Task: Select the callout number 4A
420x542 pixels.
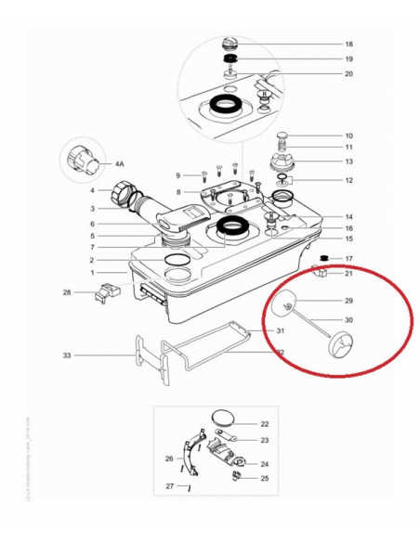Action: click(x=120, y=163)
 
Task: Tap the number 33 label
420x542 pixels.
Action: click(x=67, y=355)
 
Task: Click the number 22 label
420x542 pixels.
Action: click(x=264, y=423)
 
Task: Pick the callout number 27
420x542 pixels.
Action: click(x=169, y=486)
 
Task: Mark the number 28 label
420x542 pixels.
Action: click(x=67, y=293)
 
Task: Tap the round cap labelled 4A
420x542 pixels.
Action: click(x=80, y=163)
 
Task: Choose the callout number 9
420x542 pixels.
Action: click(x=177, y=175)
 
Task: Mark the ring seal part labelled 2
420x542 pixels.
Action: click(x=174, y=259)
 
